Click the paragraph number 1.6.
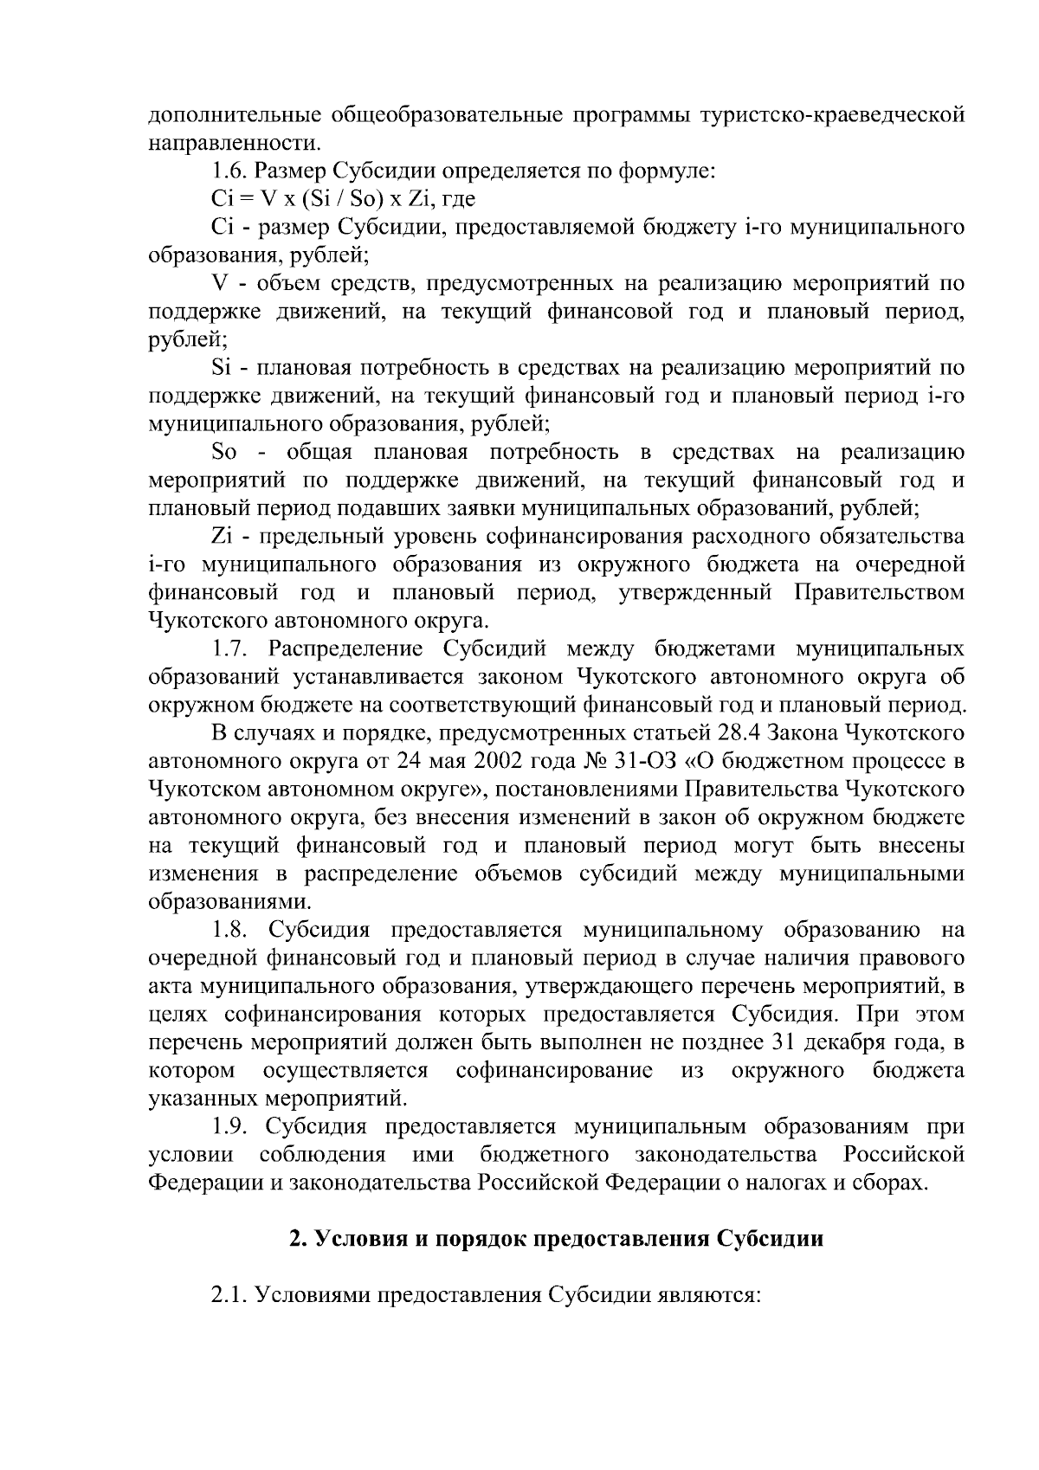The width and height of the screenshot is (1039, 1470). tap(231, 171)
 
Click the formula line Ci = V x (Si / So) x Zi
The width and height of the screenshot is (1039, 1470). tap(343, 199)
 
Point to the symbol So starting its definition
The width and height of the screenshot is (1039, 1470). tap(223, 453)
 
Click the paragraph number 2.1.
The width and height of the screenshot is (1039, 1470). tap(231, 1297)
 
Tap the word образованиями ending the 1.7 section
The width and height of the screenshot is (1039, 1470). tap(223, 903)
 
